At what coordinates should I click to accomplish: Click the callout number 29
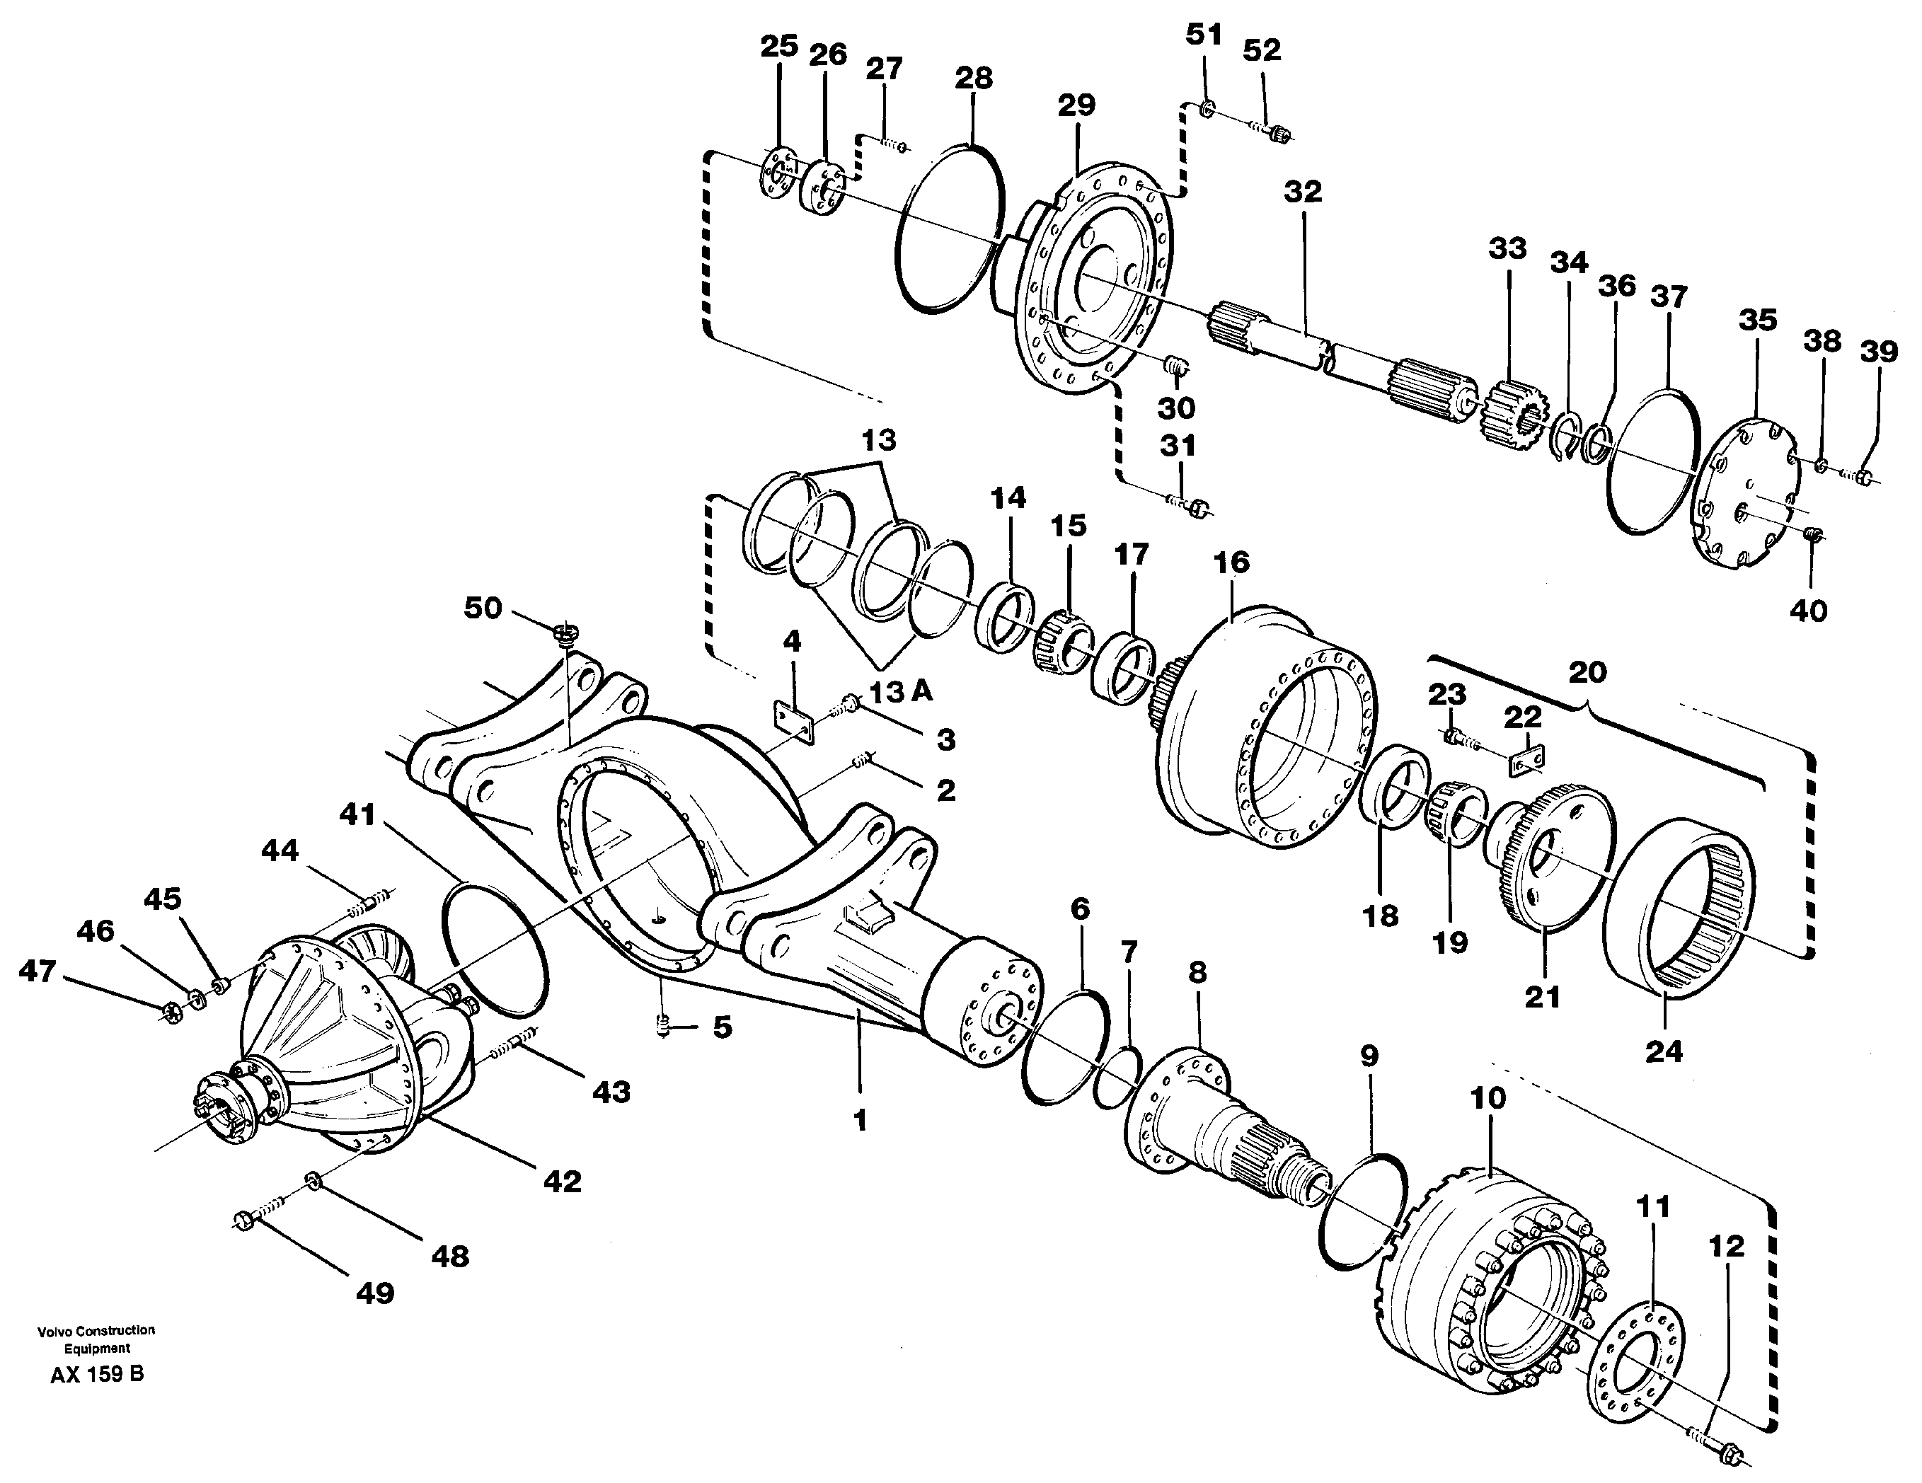[1076, 105]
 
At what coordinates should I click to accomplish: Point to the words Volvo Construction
[96, 1330]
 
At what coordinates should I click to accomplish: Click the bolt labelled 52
[1280, 134]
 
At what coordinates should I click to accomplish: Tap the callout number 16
[1231, 562]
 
